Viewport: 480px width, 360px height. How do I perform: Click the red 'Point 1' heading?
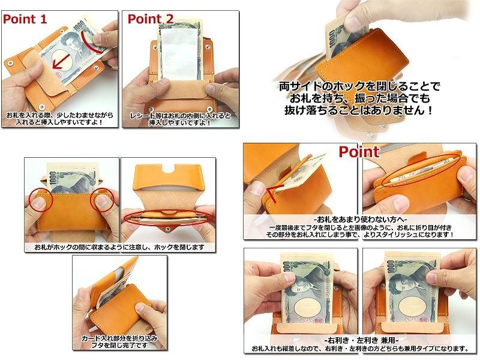click(x=25, y=19)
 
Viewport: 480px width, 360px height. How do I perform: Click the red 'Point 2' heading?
click(x=151, y=19)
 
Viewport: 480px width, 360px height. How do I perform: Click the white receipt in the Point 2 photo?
click(x=179, y=55)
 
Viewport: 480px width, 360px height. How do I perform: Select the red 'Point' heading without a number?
click(x=359, y=152)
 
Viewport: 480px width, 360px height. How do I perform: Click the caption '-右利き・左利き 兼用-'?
click(x=362, y=340)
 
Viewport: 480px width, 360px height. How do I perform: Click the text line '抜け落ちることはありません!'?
click(x=359, y=110)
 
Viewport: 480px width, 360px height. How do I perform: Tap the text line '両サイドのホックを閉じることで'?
click(x=359, y=86)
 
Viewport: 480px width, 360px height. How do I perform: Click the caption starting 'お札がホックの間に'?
click(x=119, y=247)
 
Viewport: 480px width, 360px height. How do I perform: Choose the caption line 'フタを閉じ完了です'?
click(x=119, y=346)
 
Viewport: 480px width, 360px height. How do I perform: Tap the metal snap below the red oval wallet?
click(x=167, y=228)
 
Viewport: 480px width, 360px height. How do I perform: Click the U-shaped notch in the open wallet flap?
click(x=168, y=167)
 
